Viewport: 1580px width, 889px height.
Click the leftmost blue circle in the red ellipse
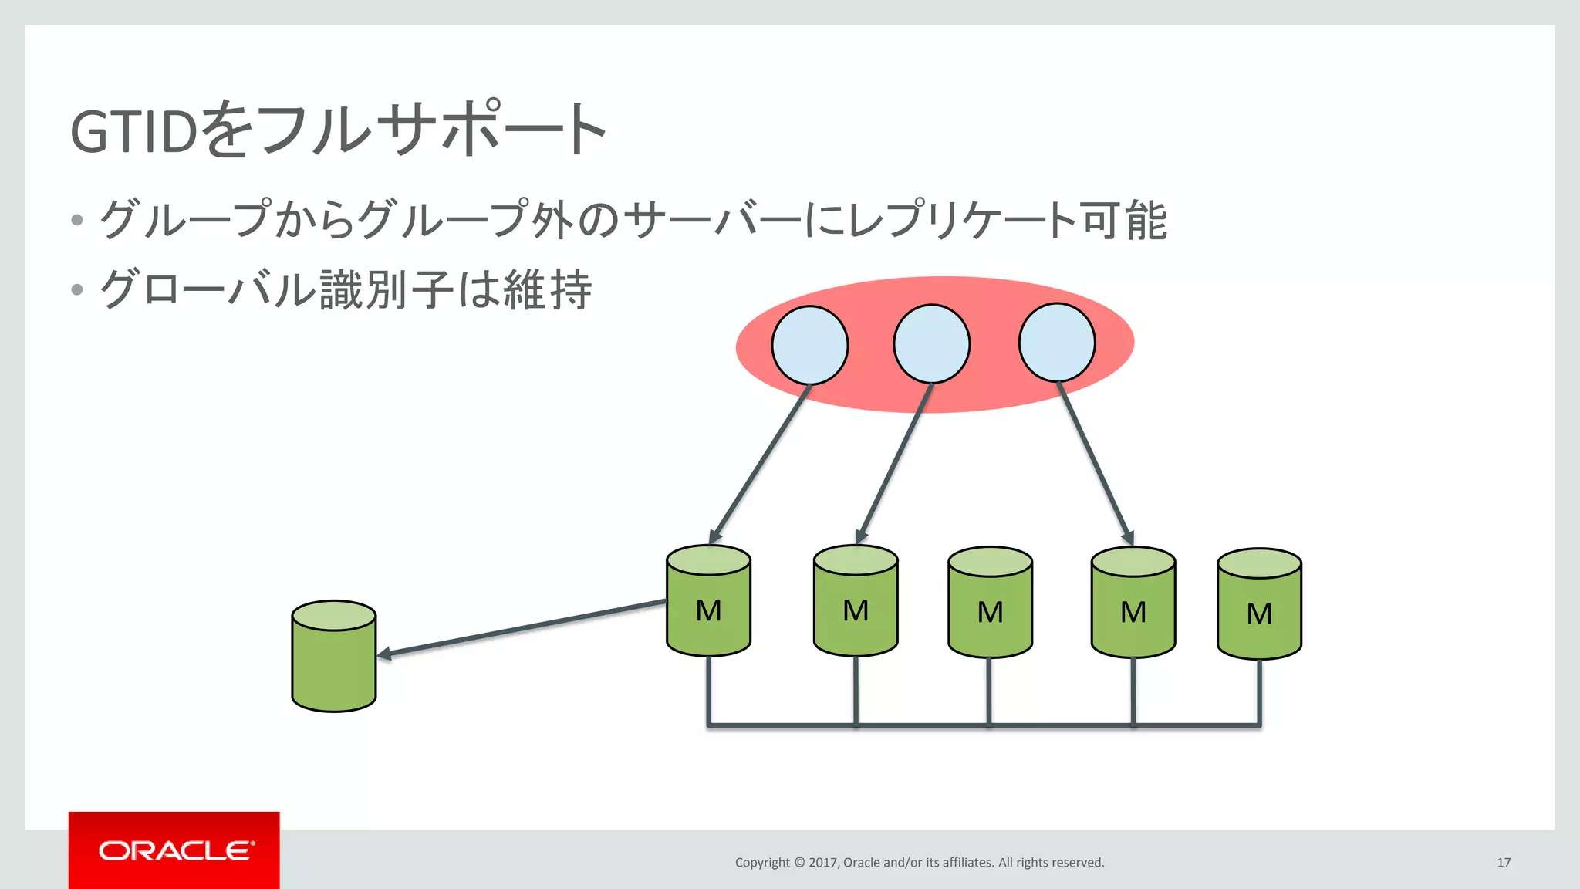810,345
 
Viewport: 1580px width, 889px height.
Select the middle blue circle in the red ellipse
932,343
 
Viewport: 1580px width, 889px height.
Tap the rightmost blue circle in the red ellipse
1057,342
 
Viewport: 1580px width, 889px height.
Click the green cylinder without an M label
334,656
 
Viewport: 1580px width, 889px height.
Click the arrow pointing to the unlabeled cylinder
522,628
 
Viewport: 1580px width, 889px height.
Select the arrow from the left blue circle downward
760,463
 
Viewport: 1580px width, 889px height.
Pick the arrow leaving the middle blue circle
895,462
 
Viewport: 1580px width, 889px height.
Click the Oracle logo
174,850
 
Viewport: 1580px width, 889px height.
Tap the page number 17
1504,862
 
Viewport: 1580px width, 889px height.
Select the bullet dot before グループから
76,220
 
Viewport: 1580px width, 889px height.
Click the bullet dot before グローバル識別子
76,290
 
